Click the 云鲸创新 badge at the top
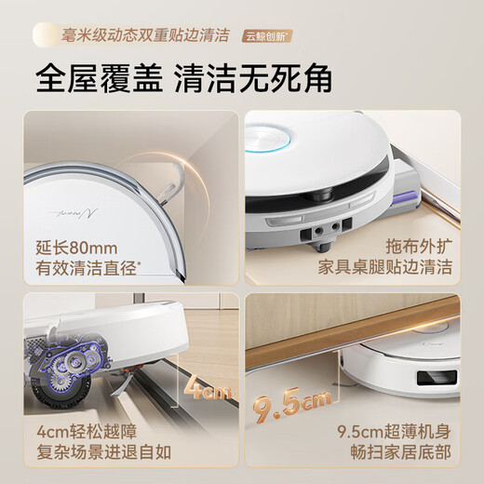270,36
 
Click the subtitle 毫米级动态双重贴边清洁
145,36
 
